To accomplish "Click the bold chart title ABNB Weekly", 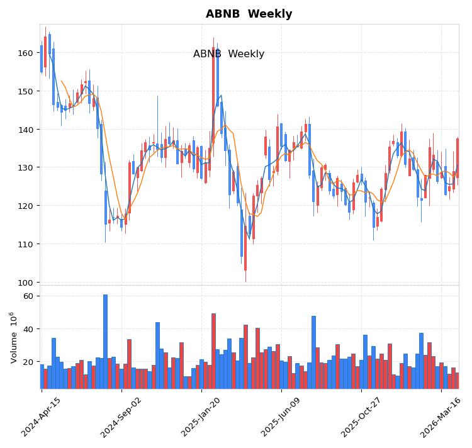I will tap(249, 14).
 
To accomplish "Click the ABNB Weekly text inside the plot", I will tap(228, 54).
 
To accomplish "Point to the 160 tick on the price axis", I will tap(26, 53).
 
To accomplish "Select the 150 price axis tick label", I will tap(26, 91).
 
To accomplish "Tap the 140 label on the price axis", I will tap(26, 130).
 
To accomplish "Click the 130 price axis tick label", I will tap(26, 167).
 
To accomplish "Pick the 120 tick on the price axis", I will tap(26, 206).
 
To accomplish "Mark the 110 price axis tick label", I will tap(26, 244).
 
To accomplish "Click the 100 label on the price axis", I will tap(26, 283).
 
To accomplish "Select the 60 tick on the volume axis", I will tap(28, 296).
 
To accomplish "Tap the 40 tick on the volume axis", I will tap(28, 329).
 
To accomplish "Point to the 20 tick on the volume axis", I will tap(28, 362).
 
